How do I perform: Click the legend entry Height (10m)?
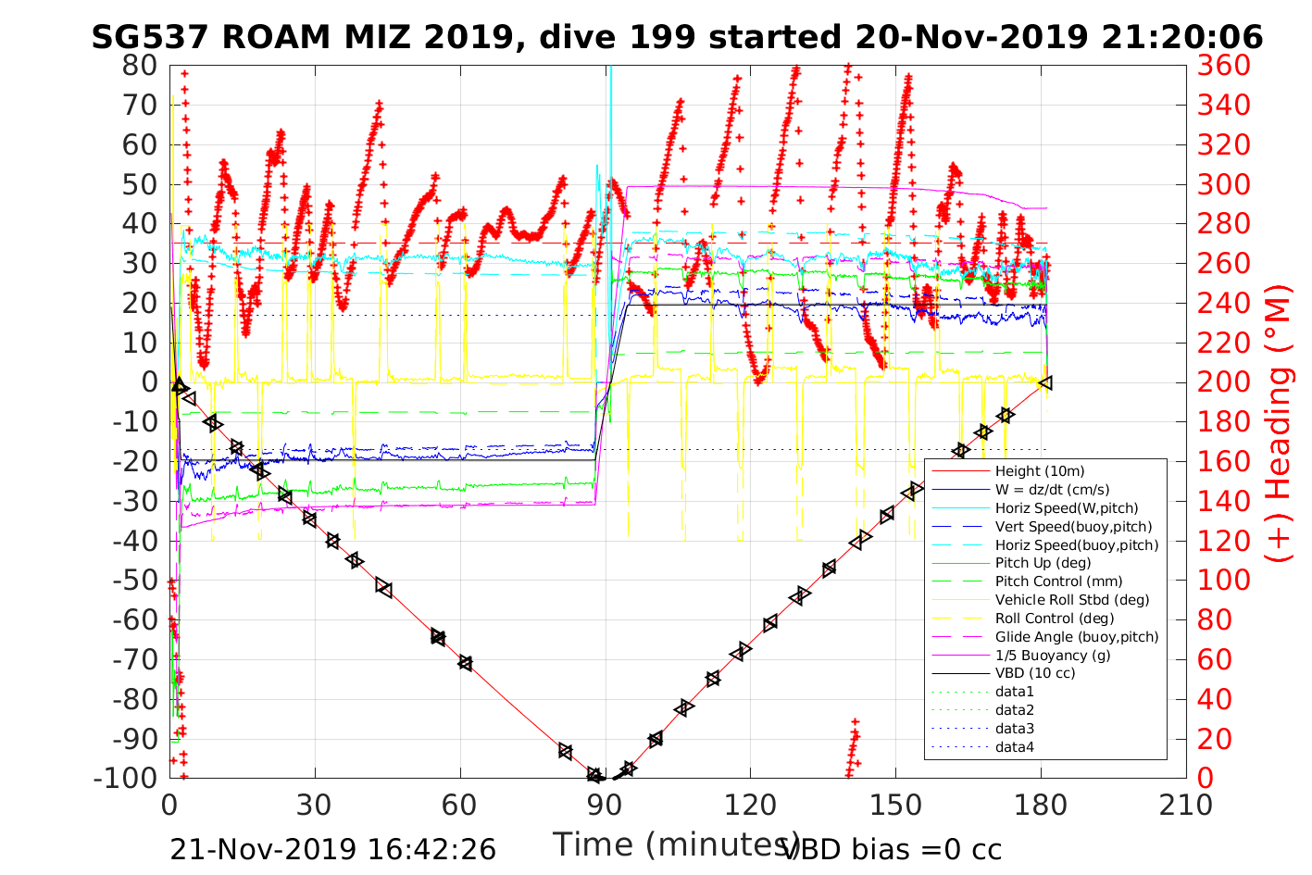(x=1039, y=471)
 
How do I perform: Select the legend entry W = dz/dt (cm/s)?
(x=1052, y=490)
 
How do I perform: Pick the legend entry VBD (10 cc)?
(x=1035, y=673)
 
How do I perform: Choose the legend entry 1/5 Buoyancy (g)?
(x=1053, y=655)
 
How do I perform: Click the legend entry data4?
(x=1014, y=746)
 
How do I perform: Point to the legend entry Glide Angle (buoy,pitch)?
(x=1076, y=637)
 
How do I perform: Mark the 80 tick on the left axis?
(x=140, y=66)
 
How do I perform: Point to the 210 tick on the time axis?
(x=1186, y=805)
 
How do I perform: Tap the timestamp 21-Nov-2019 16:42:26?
(x=332, y=849)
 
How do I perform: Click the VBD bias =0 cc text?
(x=893, y=849)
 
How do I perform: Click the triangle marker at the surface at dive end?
(x=1045, y=382)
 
